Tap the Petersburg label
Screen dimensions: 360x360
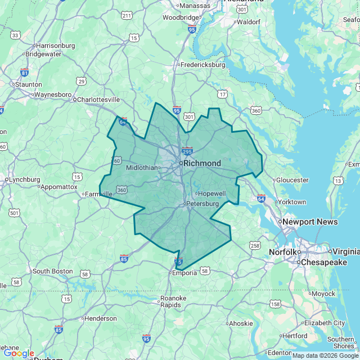202,203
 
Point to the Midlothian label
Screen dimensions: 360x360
142,168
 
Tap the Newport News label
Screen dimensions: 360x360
310,222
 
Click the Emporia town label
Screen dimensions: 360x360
184,273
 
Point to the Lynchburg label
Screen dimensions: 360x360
23,180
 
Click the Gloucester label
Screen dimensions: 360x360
292,180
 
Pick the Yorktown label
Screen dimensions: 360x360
292,202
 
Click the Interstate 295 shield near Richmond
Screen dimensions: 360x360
187,151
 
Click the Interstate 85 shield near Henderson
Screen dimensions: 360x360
58,329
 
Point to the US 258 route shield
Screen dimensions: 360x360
255,245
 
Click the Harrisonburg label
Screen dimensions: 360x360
55,46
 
